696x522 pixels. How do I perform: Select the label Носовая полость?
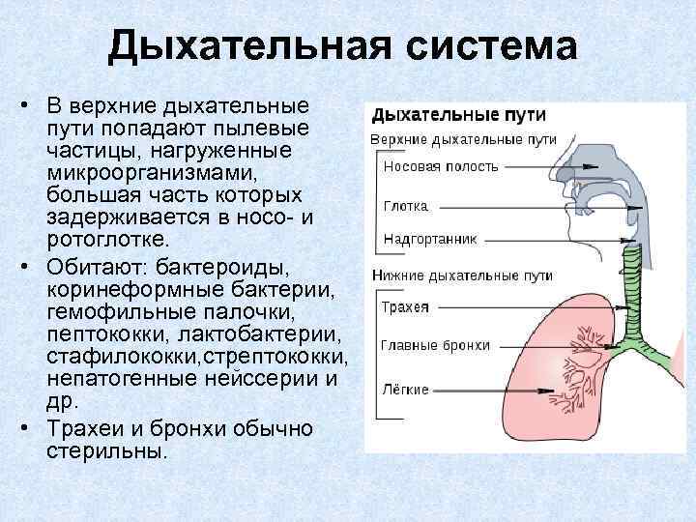point(441,166)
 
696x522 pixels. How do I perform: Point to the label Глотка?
point(405,207)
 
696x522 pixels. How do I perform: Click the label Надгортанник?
point(429,236)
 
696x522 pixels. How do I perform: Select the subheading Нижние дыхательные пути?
point(462,275)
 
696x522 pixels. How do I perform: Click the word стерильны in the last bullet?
point(106,450)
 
